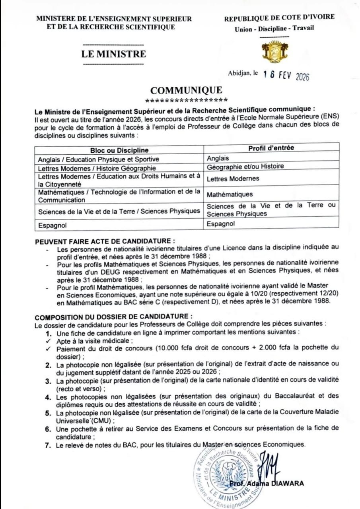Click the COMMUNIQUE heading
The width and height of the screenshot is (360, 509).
[186, 90]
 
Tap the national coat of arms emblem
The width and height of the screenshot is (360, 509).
[274, 52]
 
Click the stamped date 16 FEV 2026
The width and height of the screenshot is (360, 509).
[286, 76]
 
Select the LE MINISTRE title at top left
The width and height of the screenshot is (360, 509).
[114, 54]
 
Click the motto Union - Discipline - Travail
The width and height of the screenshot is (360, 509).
[274, 28]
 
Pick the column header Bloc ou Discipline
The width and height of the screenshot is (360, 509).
[119, 150]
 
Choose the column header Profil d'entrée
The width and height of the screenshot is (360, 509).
[271, 148]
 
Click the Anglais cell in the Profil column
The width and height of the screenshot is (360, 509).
[218, 158]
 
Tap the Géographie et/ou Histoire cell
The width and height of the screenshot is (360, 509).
[245, 167]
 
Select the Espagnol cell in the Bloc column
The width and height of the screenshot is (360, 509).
[53, 225]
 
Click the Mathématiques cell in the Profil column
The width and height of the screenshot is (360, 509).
[230, 194]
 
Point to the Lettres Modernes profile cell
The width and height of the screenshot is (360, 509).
[233, 179]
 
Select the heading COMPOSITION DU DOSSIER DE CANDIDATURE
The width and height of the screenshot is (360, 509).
[114, 317]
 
